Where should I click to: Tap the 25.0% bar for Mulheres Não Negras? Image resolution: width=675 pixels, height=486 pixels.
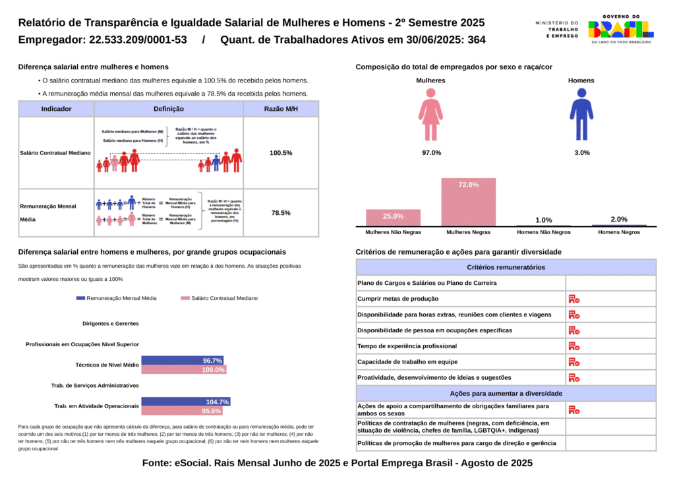(x=393, y=218)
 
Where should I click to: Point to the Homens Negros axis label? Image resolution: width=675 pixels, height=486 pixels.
(x=619, y=232)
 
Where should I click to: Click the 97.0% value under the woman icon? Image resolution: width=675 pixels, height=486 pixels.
(x=431, y=152)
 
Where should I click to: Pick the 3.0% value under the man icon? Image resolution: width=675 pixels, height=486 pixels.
(x=581, y=152)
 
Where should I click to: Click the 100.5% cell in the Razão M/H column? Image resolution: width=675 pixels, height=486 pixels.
(x=281, y=153)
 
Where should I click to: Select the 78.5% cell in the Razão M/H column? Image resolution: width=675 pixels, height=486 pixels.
(x=281, y=212)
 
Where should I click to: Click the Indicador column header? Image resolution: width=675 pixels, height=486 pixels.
(x=56, y=109)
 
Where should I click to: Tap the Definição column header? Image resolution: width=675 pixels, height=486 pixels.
(x=168, y=109)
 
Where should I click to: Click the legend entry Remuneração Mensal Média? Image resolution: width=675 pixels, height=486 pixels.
(x=117, y=298)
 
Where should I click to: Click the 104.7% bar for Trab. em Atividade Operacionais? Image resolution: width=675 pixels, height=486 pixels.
(x=185, y=402)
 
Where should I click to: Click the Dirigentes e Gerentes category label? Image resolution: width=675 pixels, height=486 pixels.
(x=111, y=324)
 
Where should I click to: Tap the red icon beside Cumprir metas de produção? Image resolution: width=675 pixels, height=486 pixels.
(x=573, y=299)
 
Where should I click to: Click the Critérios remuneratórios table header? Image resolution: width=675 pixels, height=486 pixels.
(x=506, y=267)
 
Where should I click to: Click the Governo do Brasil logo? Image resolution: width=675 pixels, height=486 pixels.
(x=620, y=28)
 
